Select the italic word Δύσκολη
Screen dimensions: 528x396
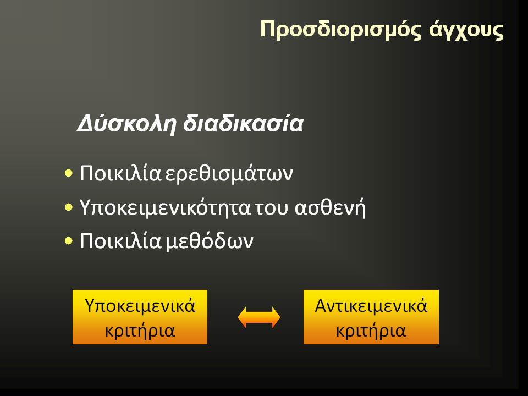point(127,124)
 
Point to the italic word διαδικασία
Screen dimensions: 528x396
point(243,123)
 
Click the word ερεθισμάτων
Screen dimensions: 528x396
point(229,174)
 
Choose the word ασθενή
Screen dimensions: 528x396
point(330,207)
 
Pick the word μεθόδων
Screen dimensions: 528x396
point(210,241)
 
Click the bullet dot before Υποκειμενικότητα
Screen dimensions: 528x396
point(69,207)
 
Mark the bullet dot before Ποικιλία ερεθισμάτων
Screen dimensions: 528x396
point(69,174)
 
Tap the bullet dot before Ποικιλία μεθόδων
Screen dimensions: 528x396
point(69,241)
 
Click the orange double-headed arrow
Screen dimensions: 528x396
point(259,317)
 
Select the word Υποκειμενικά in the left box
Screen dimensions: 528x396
point(140,306)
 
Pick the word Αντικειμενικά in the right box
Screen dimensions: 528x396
point(371,306)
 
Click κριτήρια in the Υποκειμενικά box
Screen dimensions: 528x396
point(140,331)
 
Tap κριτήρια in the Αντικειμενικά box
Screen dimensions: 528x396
point(371,331)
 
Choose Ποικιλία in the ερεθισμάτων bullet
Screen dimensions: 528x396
point(120,173)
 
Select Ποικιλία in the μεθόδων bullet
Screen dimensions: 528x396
point(120,240)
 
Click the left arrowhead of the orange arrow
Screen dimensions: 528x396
point(243,317)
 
